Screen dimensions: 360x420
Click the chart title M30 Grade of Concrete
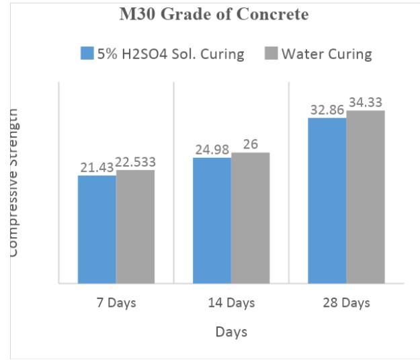pyautogui.click(x=214, y=15)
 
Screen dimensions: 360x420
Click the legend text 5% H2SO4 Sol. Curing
pyautogui.click(x=176, y=54)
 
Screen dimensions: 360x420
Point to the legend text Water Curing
pyautogui.click(x=326, y=54)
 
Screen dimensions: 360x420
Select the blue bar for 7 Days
pyautogui.click(x=97, y=229)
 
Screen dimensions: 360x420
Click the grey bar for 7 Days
pyautogui.click(x=135, y=226)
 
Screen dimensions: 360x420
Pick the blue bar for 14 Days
pyautogui.click(x=212, y=220)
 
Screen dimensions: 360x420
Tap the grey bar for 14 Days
pyautogui.click(x=250, y=218)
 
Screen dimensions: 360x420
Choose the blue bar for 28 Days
pyautogui.click(x=327, y=200)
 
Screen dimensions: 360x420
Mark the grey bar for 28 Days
pyautogui.click(x=366, y=197)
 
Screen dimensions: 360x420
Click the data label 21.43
pyautogui.click(x=97, y=167)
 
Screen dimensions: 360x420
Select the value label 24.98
pyautogui.click(x=212, y=149)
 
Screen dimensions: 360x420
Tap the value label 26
pyautogui.click(x=250, y=144)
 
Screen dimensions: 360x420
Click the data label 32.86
pyautogui.click(x=327, y=109)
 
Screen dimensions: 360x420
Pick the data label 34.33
pyautogui.click(x=366, y=103)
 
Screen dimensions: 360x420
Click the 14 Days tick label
pyautogui.click(x=231, y=303)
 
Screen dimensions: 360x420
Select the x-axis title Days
pyautogui.click(x=231, y=332)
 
